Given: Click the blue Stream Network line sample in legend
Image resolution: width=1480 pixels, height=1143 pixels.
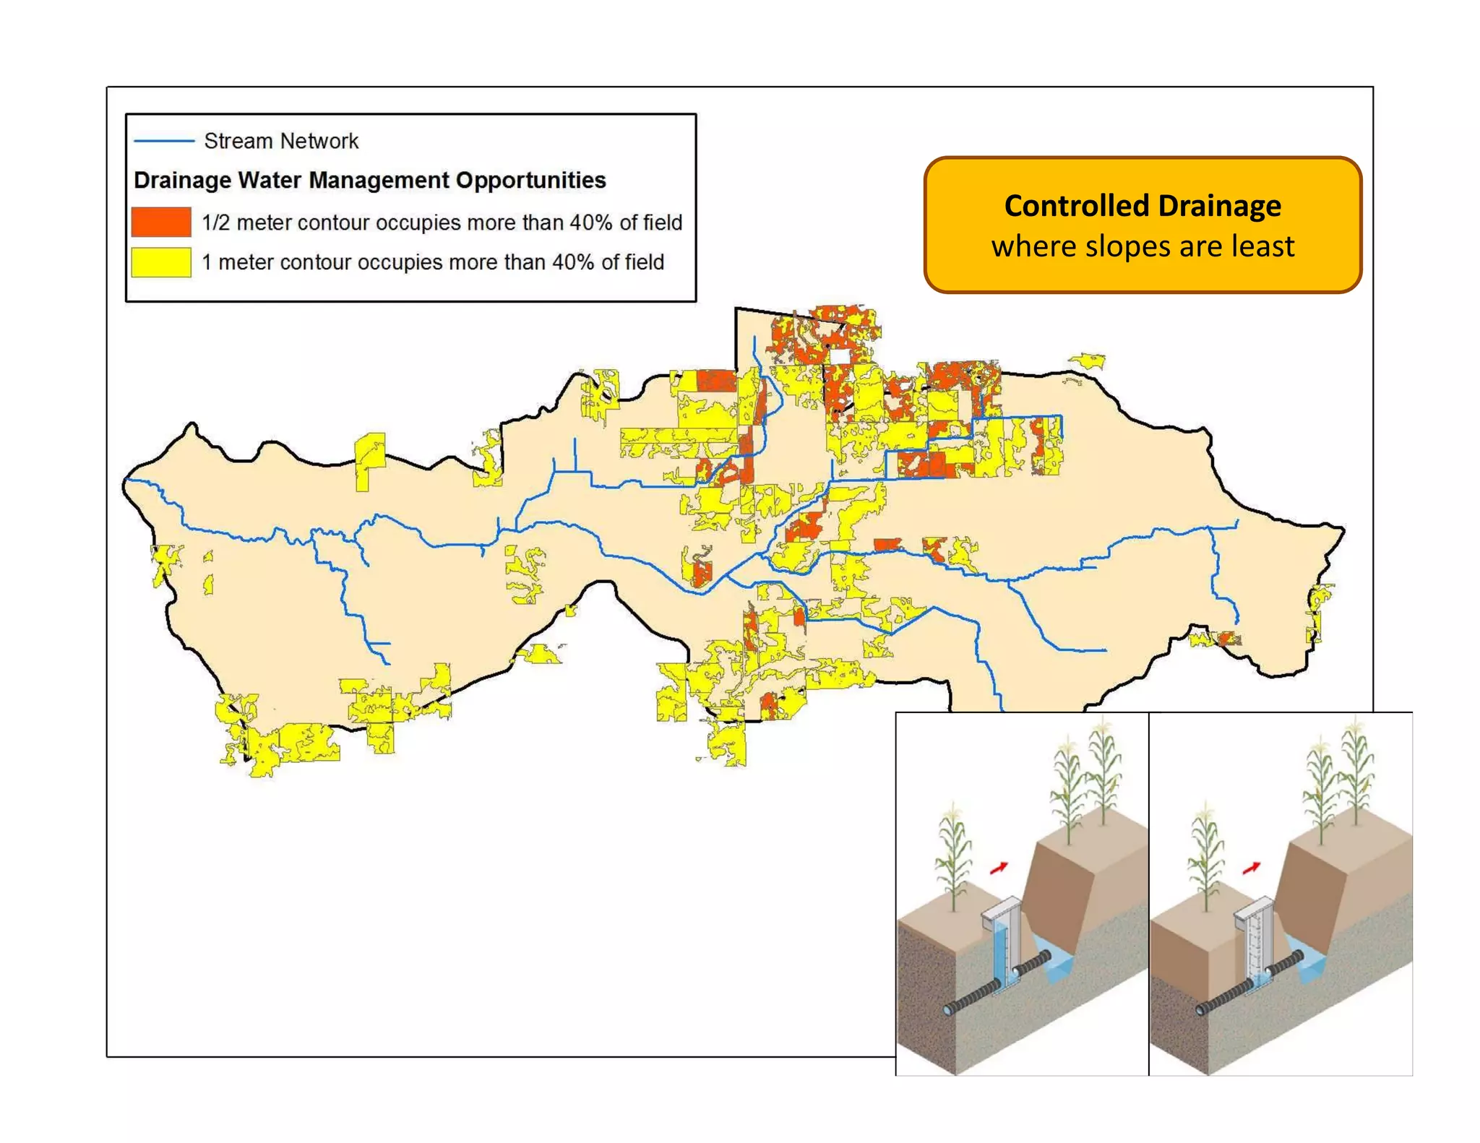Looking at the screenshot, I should (x=164, y=141).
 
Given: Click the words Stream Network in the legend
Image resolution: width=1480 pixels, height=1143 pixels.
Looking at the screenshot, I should (x=281, y=141).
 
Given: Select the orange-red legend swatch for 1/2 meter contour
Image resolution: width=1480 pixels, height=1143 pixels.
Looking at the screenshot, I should (x=161, y=222).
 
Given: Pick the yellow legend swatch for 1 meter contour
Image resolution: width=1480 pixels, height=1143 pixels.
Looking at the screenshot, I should (x=161, y=262).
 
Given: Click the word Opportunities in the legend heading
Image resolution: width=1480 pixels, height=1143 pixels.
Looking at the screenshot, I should (x=530, y=180).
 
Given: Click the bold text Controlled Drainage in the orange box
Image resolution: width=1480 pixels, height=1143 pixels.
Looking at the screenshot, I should (x=1143, y=206).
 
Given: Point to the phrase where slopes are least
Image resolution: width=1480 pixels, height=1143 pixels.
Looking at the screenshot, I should (x=1143, y=246).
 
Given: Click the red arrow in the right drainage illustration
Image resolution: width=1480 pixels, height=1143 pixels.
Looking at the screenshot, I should (x=1252, y=867).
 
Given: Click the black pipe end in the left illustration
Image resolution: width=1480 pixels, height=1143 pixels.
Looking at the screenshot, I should (x=950, y=1009).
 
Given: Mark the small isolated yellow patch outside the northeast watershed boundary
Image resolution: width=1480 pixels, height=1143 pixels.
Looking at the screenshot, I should (x=1088, y=360).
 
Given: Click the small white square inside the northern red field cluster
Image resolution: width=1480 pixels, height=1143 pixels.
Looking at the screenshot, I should (x=839, y=357).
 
